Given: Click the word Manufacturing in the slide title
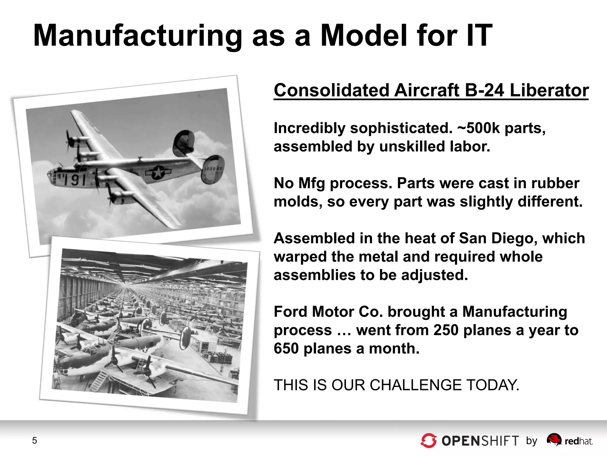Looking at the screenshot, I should (x=138, y=36).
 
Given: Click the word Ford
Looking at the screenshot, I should (x=290, y=312).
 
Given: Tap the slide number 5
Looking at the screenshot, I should (x=35, y=441).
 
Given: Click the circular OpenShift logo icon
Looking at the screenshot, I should (x=429, y=441).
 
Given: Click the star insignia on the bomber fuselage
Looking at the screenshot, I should (x=158, y=172).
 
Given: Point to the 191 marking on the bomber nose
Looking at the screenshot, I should (x=75, y=180).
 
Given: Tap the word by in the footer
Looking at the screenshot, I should (x=532, y=441).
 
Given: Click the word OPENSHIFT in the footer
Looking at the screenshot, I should (x=480, y=441).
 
